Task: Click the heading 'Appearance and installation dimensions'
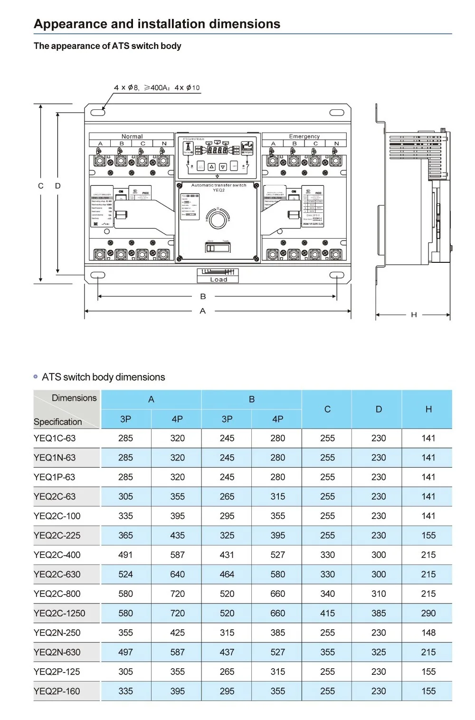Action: coord(157,24)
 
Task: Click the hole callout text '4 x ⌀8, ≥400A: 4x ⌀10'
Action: coord(157,88)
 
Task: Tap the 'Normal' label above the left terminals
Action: coord(132,136)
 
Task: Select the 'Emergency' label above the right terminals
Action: coord(304,136)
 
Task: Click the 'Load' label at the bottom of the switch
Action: coord(218,279)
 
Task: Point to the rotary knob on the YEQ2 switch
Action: coord(218,219)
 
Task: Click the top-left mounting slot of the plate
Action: coord(98,113)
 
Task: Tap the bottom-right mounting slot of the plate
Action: coord(336,275)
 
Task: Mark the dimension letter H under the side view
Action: coord(414,315)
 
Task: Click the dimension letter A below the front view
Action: coord(203,311)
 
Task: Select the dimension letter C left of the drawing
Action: coord(41,186)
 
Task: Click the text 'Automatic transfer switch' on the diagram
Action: coord(218,185)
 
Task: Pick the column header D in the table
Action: coord(379,409)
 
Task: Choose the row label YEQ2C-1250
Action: coord(59,613)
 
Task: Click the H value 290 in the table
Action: coord(428,613)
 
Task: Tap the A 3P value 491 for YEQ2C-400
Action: coord(125,555)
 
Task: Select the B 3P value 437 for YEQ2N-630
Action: coord(227,652)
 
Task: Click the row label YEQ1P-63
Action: coord(54,477)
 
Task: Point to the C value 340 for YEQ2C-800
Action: coord(327,594)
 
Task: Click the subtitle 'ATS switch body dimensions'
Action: coord(103,377)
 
